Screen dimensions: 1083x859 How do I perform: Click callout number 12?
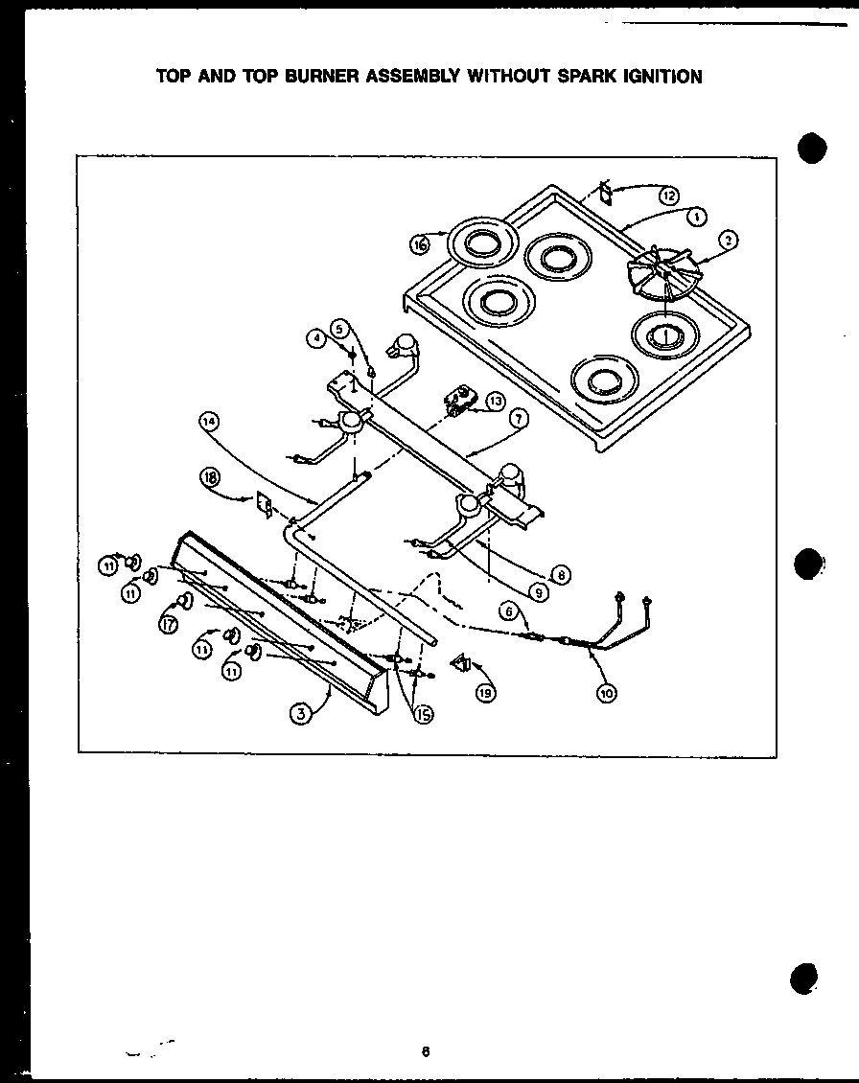668,196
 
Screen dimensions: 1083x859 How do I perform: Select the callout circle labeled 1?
698,217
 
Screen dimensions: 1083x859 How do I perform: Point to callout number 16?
419,245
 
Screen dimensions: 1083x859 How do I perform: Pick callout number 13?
495,401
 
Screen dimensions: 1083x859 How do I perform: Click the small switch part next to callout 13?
462,401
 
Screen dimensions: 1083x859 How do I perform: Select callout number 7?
518,419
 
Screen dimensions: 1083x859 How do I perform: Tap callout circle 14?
209,420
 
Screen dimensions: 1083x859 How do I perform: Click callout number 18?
210,476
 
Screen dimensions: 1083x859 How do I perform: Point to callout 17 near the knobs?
169,624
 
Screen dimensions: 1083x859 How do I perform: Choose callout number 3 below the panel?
301,712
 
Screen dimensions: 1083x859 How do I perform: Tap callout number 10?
606,692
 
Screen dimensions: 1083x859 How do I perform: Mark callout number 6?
509,611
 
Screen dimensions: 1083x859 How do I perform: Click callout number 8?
562,575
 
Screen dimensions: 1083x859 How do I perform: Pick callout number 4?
316,337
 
